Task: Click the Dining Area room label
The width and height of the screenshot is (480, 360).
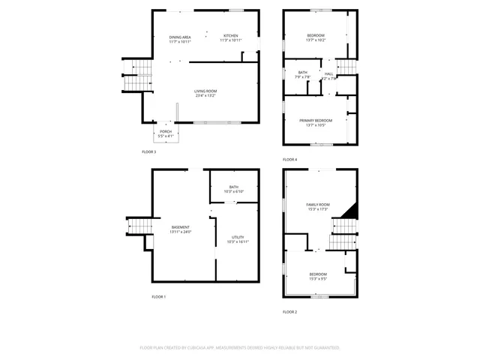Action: [x=179, y=37]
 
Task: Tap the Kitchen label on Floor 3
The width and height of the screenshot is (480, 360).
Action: [x=230, y=36]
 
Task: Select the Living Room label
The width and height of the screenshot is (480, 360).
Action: [x=206, y=91]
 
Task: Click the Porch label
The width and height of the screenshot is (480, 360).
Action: [x=166, y=132]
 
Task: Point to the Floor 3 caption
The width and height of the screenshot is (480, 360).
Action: [x=149, y=152]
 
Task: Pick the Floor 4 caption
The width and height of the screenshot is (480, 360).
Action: [x=289, y=160]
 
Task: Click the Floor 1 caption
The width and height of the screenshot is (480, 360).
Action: [x=159, y=297]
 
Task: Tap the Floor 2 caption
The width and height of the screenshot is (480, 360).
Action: [x=289, y=311]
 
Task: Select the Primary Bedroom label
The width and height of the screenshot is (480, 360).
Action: [x=316, y=121]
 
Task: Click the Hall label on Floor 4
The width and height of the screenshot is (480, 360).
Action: [x=328, y=73]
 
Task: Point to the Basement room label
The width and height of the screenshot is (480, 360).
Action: [x=181, y=227]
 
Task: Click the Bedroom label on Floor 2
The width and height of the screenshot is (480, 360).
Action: [x=318, y=274]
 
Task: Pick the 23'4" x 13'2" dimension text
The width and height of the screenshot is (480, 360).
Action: [x=206, y=96]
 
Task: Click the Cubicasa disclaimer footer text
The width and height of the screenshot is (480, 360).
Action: [x=240, y=348]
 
